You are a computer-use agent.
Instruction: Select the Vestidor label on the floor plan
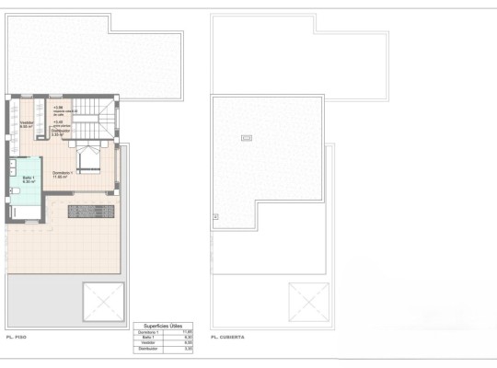click(x=28, y=124)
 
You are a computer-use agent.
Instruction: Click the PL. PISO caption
click(x=16, y=338)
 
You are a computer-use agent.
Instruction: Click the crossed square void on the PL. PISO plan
click(x=103, y=302)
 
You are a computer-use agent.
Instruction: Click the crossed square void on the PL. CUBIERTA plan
click(x=307, y=301)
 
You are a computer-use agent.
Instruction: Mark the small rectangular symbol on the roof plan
click(x=246, y=138)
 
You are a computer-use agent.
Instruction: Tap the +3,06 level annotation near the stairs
click(x=57, y=108)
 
